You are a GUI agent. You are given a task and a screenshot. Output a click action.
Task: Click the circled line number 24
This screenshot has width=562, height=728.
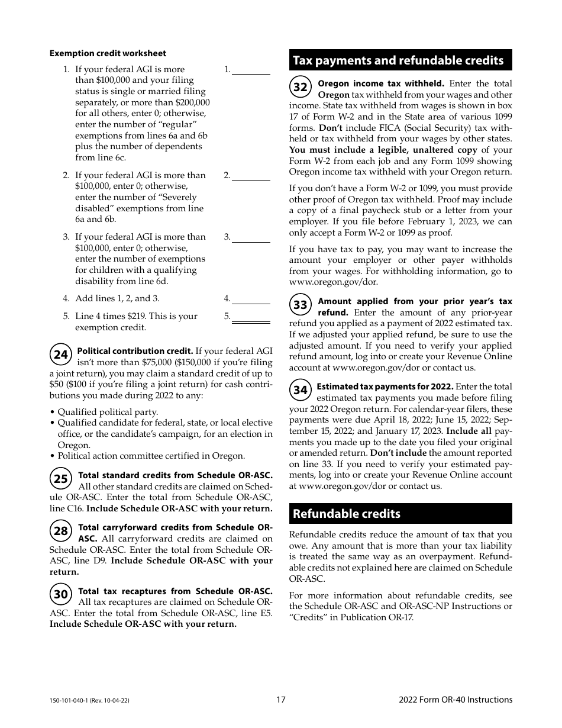coord(61,355)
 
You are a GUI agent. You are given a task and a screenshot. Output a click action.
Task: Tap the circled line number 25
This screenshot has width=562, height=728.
coord(61,479)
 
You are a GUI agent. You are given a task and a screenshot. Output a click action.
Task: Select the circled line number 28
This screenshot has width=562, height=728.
coord(61,531)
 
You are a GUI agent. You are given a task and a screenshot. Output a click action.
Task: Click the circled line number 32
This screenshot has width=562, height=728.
coord(301,88)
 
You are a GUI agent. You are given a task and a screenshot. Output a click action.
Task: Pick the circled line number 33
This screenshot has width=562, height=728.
coord(301,305)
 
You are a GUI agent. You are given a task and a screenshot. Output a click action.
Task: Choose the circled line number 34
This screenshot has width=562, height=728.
coord(301,390)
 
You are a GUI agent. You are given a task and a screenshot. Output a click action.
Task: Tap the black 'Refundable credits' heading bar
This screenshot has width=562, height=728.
coord(400,514)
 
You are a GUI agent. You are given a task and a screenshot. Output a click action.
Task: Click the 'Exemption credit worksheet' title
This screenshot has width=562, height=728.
coord(108,53)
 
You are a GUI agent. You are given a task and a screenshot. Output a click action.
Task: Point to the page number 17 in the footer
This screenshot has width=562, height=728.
coord(281,700)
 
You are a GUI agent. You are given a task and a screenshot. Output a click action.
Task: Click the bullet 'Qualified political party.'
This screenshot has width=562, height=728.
coord(108,412)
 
